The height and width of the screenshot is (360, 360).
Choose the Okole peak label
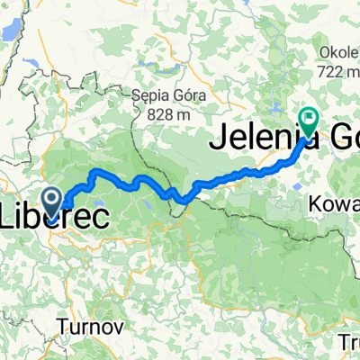point(337,50)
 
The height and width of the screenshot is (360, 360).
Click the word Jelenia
point(256,139)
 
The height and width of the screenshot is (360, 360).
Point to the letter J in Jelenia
point(219,139)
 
